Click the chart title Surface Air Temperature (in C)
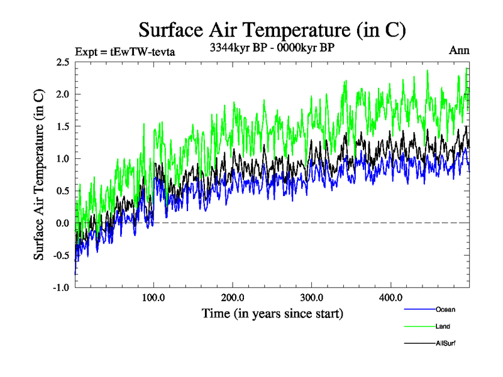coord(272,30)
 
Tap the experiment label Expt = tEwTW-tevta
coord(124,52)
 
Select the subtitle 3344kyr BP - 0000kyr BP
coord(272,47)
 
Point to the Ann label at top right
coord(459,50)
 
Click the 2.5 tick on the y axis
coord(62,62)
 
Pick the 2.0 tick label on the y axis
coord(62,94)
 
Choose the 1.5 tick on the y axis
coord(62,126)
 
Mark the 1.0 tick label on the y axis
coord(62,158)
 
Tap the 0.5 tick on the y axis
coord(62,191)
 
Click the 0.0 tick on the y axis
coord(62,223)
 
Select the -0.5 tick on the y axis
coord(60,255)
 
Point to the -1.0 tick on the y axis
coord(60,287)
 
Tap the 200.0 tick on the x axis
coord(233,297)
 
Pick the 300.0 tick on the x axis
coord(312,297)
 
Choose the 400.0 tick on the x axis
coord(391,297)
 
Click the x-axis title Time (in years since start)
coord(272,312)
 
